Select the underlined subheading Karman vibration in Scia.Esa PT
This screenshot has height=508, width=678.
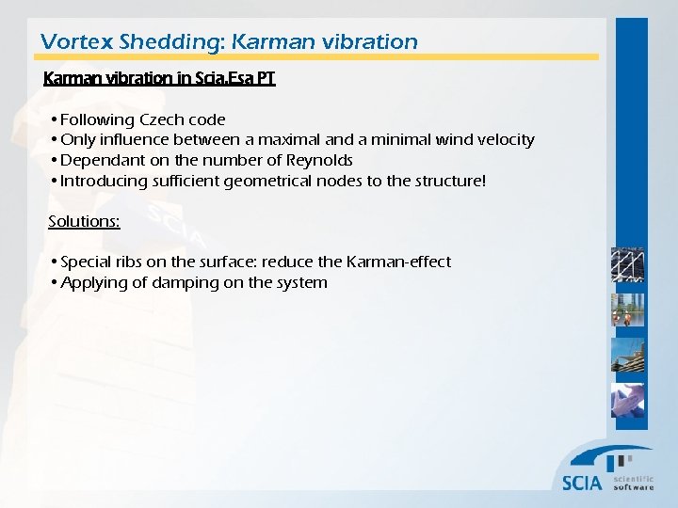click(159, 79)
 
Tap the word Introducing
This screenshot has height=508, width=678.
click(104, 181)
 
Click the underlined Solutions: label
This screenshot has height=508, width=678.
click(84, 221)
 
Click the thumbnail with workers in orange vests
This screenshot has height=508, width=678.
click(627, 311)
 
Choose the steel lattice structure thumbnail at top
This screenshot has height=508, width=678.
click(627, 266)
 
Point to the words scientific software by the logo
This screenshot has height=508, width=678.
click(633, 483)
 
